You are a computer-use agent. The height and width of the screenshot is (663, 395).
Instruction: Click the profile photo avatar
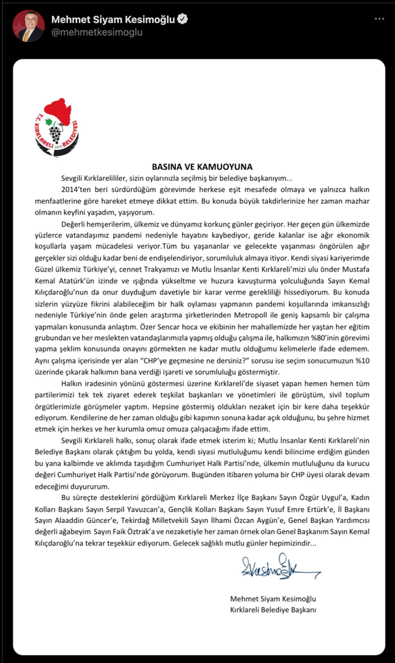(x=28, y=26)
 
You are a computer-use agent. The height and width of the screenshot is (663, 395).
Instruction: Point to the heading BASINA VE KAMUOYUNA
(x=202, y=167)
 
